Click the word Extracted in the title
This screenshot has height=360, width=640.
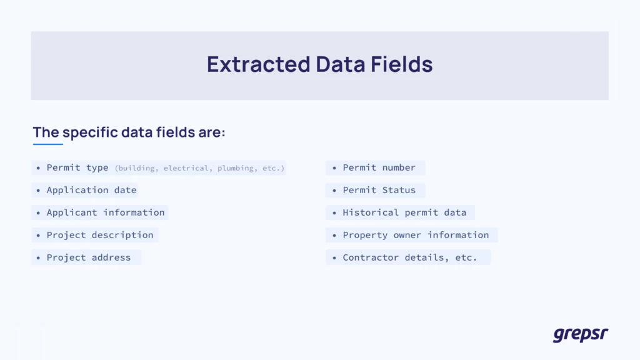tap(258, 64)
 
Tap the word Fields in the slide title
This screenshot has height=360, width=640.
tap(402, 64)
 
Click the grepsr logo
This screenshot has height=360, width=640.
tap(581, 334)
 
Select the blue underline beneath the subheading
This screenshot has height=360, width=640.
tap(47, 144)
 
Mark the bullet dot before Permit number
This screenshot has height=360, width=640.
tap(334, 167)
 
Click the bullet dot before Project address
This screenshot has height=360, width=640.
tap(38, 257)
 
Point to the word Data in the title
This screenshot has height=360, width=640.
tap(341, 64)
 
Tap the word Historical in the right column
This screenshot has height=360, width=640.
tap(371, 212)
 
